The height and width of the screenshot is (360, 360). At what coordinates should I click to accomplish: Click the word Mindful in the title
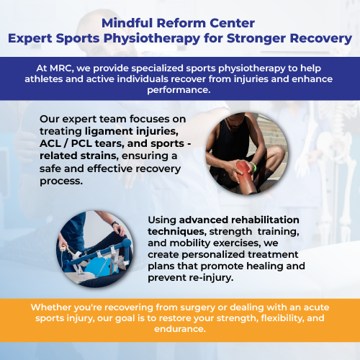(127, 23)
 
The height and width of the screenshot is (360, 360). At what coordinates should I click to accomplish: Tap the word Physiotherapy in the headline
(152, 39)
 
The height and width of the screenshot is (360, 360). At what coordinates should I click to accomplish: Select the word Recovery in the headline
(321, 39)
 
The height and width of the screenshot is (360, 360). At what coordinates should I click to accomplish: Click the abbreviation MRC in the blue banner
(61, 68)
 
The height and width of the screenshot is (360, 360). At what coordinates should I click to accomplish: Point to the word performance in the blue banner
(179, 90)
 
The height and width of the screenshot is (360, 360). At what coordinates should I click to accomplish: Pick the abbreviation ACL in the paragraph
(50, 143)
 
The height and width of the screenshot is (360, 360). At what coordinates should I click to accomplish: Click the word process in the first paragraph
(61, 181)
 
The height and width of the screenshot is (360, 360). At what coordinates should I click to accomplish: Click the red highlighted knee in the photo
(243, 168)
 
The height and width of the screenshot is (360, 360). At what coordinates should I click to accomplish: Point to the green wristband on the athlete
(253, 166)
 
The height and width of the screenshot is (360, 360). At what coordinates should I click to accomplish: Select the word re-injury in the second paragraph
(211, 278)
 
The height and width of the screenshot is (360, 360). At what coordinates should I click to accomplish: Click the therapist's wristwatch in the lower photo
(114, 224)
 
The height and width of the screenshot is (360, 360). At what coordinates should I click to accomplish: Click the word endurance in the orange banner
(180, 329)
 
